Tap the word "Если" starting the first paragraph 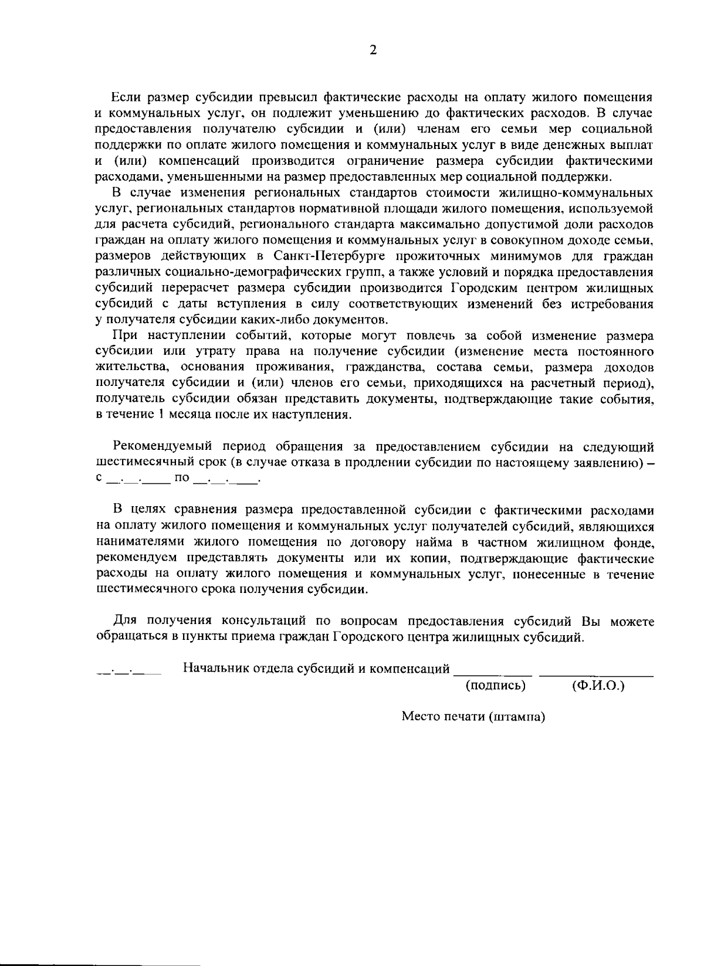pos(124,97)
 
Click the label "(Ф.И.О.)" pos(597,685)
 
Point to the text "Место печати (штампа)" pos(473,717)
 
